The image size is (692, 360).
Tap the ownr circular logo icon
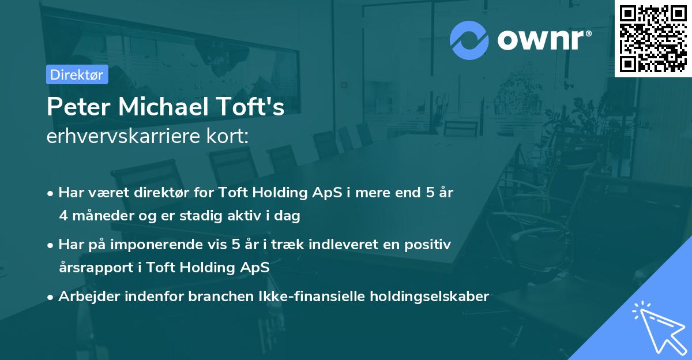click(469, 40)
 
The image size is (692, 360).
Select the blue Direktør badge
click(77, 74)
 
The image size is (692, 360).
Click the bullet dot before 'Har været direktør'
click(51, 193)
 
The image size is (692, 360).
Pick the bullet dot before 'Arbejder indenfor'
click(51, 297)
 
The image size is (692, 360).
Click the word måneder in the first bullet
click(101, 216)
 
